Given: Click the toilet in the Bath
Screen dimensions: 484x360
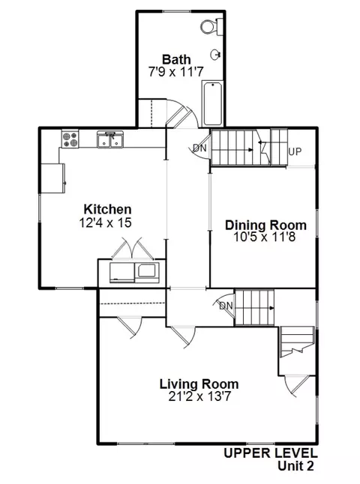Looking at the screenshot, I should [x=209, y=26].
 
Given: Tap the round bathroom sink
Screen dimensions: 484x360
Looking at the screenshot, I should [x=216, y=55].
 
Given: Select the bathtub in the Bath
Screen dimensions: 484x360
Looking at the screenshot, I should [x=211, y=104].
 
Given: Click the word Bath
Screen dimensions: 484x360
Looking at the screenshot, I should [x=176, y=59].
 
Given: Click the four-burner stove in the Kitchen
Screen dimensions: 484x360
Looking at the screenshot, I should [x=71, y=138].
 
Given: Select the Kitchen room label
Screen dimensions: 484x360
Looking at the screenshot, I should [x=107, y=209].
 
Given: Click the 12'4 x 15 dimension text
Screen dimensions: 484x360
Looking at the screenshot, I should [x=107, y=223].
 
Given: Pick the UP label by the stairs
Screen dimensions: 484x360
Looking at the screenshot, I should [x=295, y=152].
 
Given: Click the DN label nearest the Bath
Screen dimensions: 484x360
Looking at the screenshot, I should [x=199, y=148].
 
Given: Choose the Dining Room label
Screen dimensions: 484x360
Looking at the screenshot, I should [x=265, y=224].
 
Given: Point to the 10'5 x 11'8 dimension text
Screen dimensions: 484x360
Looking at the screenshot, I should [x=265, y=237].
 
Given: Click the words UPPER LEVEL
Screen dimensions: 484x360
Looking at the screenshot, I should [x=271, y=453].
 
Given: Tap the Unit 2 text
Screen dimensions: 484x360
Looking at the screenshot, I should [x=295, y=466].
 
